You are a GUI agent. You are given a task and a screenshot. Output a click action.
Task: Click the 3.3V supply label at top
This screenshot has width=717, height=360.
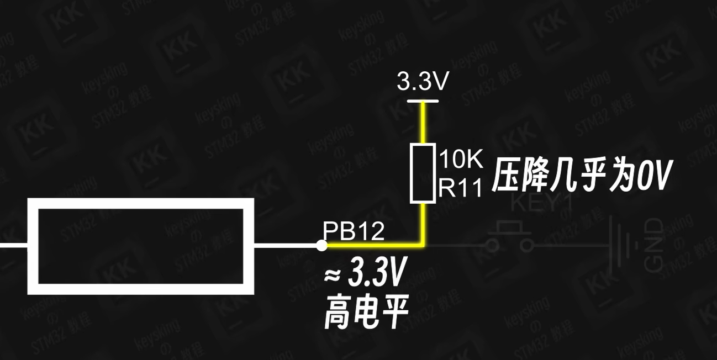[x=423, y=82]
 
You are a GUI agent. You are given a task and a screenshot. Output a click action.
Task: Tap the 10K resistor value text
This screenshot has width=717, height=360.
[x=461, y=160]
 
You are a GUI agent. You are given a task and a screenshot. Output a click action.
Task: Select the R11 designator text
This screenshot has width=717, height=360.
[x=461, y=189]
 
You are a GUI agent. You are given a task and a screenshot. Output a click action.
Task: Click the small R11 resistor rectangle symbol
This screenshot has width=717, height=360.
[x=422, y=173]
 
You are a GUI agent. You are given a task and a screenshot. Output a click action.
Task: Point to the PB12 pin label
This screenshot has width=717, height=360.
[x=354, y=232]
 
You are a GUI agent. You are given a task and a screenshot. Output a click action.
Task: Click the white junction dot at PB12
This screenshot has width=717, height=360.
[x=322, y=245]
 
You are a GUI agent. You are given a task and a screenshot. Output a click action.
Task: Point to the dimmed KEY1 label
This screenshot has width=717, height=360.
[x=541, y=203]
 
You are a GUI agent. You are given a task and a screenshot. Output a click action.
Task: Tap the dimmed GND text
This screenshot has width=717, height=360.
[x=654, y=245]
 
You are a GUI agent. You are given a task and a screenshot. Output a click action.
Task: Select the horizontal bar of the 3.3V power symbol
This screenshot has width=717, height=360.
[x=423, y=101]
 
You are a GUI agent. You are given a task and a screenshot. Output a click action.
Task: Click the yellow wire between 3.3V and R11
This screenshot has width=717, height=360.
[x=423, y=123]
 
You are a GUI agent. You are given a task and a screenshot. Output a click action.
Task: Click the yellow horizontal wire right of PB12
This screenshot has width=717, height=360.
[x=376, y=245]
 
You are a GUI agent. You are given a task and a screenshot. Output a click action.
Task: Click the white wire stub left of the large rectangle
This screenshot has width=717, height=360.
[x=14, y=245]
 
